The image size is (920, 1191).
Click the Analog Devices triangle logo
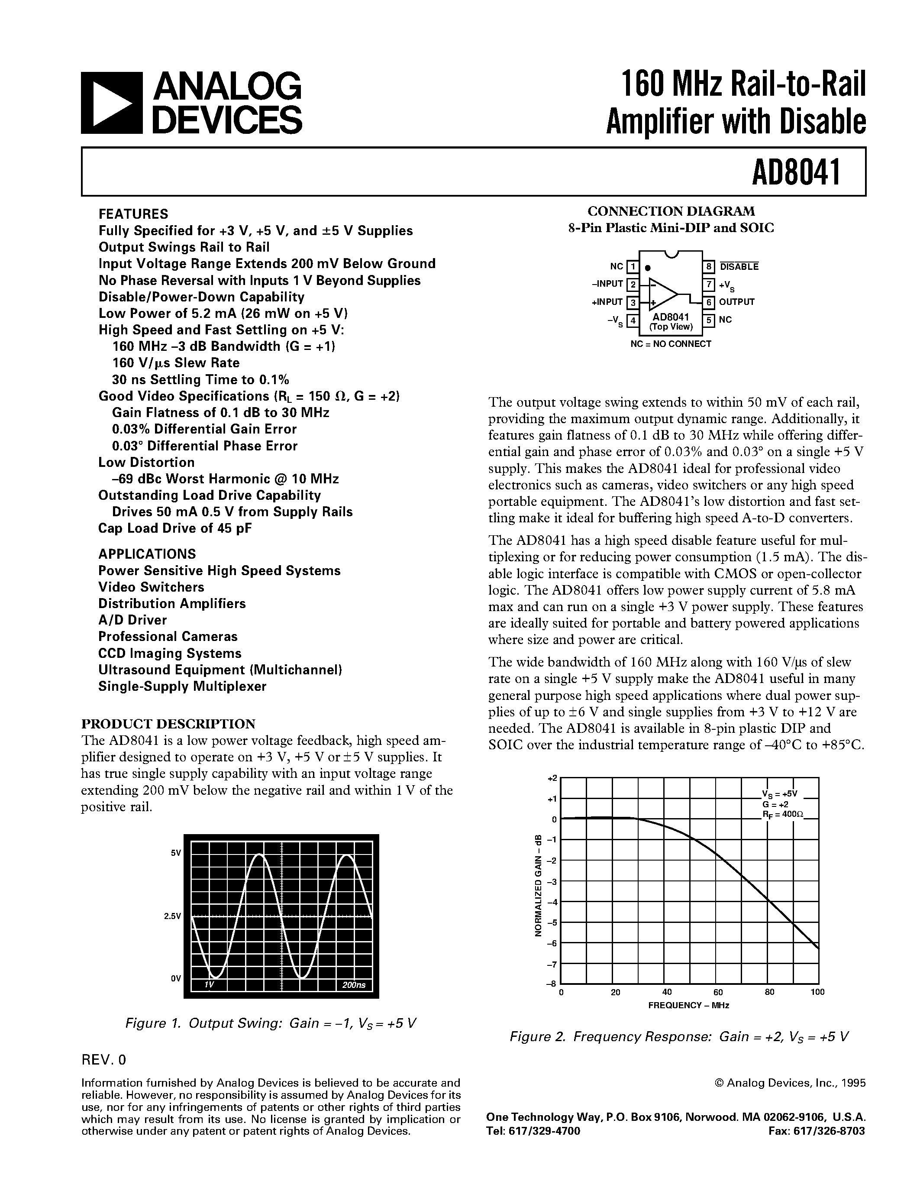(x=111, y=103)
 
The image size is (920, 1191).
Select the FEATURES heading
(x=133, y=214)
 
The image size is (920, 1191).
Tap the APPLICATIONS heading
(x=147, y=554)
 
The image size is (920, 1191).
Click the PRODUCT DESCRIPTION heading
(x=168, y=724)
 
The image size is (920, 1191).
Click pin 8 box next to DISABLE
(x=709, y=267)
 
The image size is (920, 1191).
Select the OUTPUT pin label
(x=736, y=301)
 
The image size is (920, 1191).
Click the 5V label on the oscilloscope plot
(x=175, y=853)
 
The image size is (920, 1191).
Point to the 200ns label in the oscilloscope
(x=354, y=985)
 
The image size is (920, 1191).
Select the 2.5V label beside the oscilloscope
(x=172, y=916)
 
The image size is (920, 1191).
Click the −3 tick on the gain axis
(x=552, y=882)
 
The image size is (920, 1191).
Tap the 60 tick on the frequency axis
(x=718, y=992)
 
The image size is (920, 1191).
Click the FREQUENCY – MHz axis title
(x=688, y=1005)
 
